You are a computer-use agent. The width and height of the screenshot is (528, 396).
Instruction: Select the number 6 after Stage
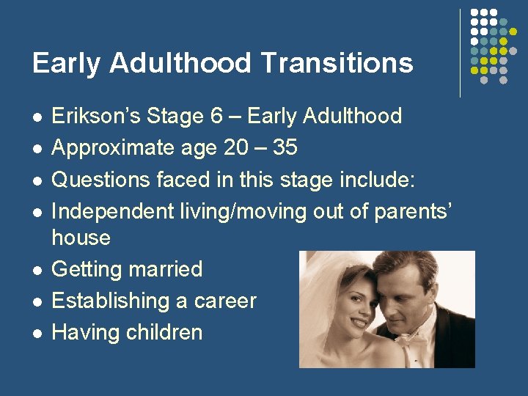coord(225,116)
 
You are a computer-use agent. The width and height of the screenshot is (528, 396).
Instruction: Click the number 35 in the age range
coord(285,147)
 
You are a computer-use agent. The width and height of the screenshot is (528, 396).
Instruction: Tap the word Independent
coord(113,210)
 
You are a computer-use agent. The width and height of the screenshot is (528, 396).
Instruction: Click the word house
coord(81,238)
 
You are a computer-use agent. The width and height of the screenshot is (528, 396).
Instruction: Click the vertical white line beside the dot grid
coord(461,53)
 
